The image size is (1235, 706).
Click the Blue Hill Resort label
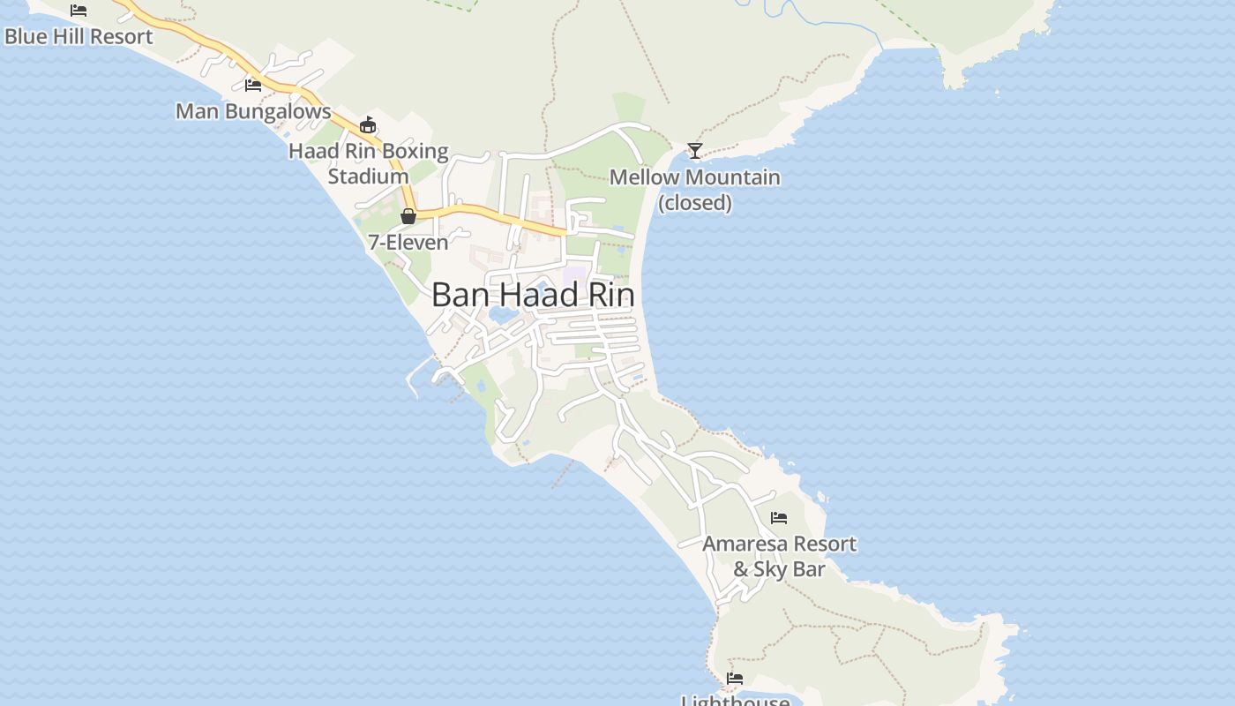tap(79, 36)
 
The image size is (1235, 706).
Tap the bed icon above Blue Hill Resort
tap(79, 11)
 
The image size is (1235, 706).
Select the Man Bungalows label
tap(253, 111)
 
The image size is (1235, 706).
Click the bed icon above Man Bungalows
tap(253, 86)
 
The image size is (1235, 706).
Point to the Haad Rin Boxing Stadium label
tap(369, 163)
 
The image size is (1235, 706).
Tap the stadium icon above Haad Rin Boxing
tap(368, 124)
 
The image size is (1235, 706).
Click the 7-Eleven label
tap(408, 242)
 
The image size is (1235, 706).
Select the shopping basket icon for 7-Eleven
tap(408, 216)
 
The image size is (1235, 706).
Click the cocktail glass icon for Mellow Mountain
tap(695, 151)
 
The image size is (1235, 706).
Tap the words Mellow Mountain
tap(695, 177)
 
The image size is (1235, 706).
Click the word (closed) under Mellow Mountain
tap(695, 203)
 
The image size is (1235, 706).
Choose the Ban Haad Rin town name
tap(533, 296)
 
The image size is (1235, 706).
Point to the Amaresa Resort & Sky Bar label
tap(779, 556)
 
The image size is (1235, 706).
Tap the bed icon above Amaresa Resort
tap(778, 518)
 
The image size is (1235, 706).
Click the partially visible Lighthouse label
tap(736, 701)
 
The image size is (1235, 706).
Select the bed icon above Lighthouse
tap(735, 679)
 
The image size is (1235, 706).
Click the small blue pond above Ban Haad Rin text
tap(576, 274)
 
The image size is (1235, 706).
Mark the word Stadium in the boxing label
tap(369, 176)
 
